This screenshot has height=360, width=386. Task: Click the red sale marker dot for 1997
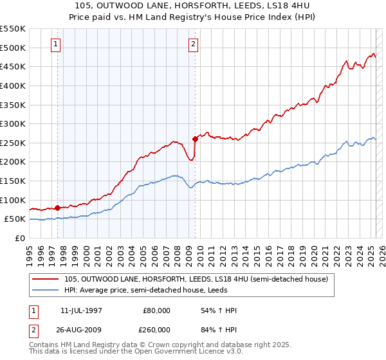[58, 208]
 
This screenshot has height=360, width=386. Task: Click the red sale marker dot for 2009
[195, 138]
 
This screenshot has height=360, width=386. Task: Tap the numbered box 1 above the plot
[56, 44]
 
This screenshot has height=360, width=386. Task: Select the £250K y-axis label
[14, 143]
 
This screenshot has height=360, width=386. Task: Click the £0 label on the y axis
[19, 238]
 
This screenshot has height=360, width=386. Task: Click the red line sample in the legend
[46, 279]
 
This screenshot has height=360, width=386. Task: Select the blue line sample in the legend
[46, 290]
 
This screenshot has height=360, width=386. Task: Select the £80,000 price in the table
[156, 310]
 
